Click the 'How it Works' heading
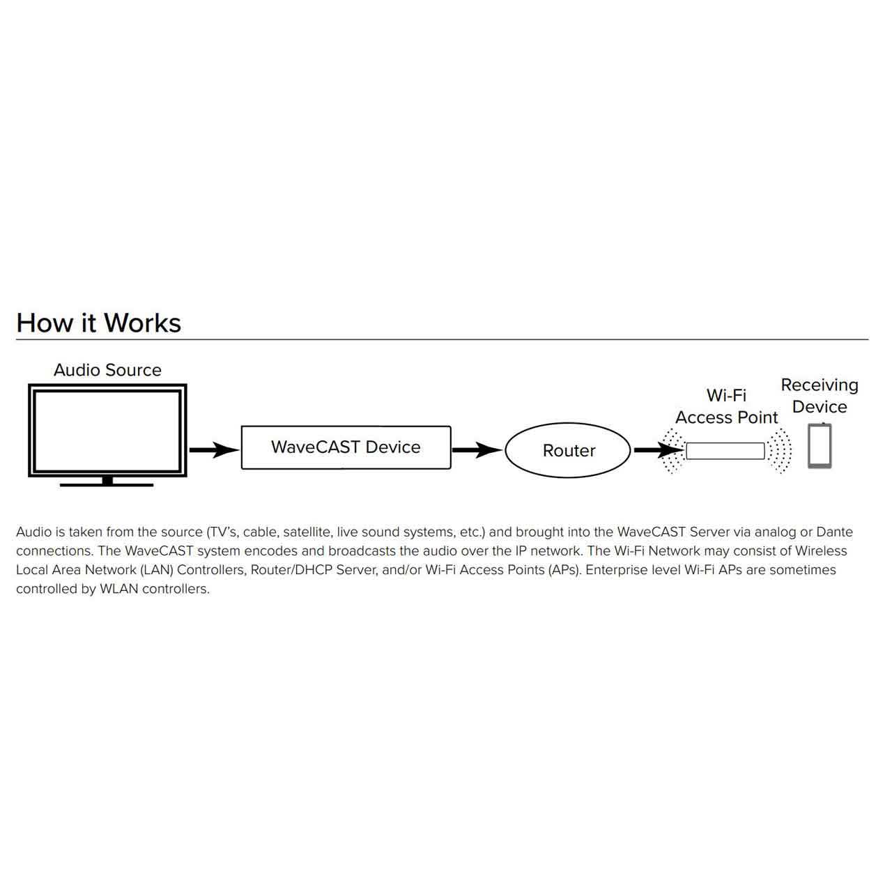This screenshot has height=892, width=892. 98,323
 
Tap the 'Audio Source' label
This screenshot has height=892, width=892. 107,370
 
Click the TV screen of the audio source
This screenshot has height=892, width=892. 107,431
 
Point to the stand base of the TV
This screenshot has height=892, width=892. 107,484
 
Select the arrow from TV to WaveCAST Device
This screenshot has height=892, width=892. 215,449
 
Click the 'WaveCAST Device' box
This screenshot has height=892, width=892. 346,447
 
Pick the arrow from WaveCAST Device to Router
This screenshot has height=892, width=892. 477,449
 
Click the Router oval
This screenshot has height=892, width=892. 568,450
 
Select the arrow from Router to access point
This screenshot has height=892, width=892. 659,449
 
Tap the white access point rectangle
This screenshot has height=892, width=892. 725,451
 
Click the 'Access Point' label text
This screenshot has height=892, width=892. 726,417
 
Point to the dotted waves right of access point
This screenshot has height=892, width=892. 780,451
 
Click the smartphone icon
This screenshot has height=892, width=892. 820,446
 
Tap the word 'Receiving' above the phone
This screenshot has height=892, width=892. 820,385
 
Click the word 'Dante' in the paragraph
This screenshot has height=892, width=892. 834,532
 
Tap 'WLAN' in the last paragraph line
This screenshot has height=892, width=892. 119,589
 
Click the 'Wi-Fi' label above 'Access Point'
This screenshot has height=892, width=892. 726,395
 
